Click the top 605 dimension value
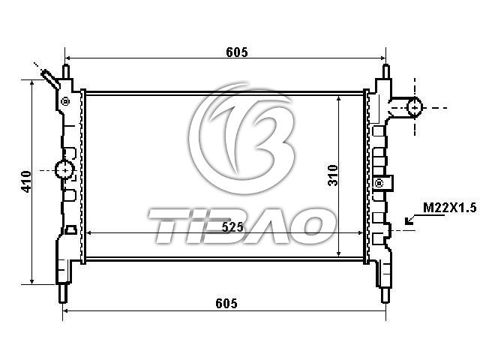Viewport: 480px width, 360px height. (x=237, y=52)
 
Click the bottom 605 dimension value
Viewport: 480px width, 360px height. (x=226, y=303)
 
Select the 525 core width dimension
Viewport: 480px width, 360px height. (x=232, y=227)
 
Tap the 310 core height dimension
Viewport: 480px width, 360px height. (x=333, y=175)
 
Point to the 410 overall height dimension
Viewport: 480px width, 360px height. (x=26, y=181)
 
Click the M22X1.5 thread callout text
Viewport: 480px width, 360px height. (x=450, y=208)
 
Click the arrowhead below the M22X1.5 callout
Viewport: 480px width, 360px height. (x=408, y=220)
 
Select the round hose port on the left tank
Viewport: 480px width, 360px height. (x=64, y=169)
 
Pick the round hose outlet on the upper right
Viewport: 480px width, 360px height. (x=415, y=107)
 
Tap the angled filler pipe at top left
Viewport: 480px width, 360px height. (x=50, y=79)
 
